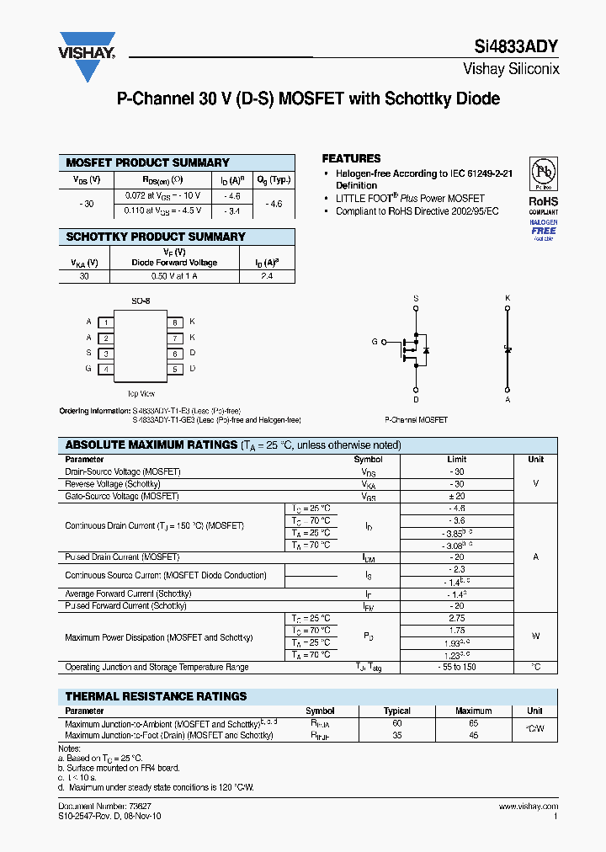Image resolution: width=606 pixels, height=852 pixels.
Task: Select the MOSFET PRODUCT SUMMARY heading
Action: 147,162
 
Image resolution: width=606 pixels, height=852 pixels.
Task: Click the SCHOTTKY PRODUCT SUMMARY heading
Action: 156,237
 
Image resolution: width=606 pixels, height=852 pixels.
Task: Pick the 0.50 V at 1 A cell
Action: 173,275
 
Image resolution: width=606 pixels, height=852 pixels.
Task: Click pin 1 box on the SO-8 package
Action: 106,322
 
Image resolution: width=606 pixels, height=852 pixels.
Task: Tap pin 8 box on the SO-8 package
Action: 175,322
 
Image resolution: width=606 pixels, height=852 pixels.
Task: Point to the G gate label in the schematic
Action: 375,342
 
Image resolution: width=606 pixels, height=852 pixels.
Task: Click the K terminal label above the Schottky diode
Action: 508,298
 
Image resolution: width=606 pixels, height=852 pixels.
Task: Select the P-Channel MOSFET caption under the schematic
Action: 416,419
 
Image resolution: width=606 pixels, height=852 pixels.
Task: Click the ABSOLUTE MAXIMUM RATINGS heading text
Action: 151,445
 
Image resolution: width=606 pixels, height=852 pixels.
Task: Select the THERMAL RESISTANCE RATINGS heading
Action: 157,696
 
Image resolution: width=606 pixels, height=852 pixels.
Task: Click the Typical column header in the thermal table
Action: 397,711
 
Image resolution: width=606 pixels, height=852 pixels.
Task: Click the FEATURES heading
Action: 351,158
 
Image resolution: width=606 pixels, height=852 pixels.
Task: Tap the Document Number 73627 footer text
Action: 105,807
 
